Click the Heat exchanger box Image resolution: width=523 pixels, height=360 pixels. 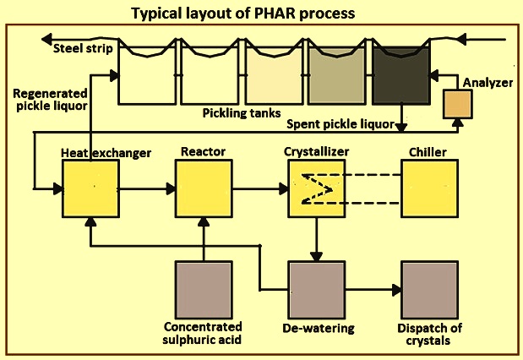(90, 188)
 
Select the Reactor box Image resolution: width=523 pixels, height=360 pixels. (204, 188)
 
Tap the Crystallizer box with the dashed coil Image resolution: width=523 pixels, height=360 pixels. (317, 188)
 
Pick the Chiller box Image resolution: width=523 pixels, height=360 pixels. (429, 188)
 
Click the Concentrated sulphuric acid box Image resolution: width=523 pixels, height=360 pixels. (204, 290)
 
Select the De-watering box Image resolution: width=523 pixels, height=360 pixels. (317, 290)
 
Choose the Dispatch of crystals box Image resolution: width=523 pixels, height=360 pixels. (429, 290)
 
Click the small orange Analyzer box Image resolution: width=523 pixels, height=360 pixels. (458, 104)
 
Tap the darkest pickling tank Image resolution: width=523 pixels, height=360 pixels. (401, 76)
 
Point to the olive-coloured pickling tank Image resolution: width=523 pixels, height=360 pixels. (337, 76)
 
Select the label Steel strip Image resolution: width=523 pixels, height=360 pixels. (83, 49)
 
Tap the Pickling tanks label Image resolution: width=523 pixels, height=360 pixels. (242, 113)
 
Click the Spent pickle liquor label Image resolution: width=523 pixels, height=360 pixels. (340, 124)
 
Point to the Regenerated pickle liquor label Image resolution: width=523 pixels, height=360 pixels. (50, 100)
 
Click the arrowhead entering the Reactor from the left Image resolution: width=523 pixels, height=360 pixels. (171, 188)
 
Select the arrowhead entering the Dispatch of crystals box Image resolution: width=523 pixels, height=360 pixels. (396, 290)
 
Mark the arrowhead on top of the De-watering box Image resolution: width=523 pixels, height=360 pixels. (316, 257)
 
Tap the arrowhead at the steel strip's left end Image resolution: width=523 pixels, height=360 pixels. (46, 39)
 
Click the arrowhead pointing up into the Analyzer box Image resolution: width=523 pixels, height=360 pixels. (459, 123)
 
